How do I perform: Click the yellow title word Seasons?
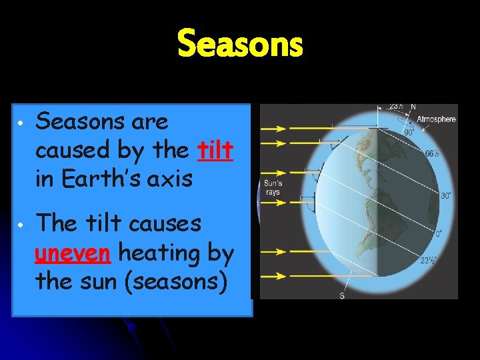coord(240,45)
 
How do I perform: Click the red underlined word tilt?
coord(215,151)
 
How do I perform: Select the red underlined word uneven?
coord(75,253)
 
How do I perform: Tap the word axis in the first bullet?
coord(171,179)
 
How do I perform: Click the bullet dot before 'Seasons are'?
coord(21,125)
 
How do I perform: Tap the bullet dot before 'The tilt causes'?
coord(21,226)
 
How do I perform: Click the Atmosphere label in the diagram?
coord(437,119)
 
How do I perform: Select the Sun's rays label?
coord(272,187)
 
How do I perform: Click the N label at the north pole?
coord(413,107)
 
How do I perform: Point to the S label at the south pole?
coord(342,295)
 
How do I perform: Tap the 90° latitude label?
coord(409,131)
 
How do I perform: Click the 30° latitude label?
coord(445,195)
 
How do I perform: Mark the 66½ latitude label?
coord(433,153)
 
